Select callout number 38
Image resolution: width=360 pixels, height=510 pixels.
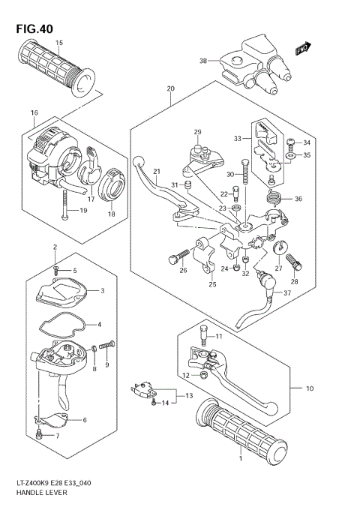click(x=202, y=61)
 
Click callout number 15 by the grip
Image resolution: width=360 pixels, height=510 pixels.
click(x=59, y=43)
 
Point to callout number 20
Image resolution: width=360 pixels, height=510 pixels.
click(x=171, y=88)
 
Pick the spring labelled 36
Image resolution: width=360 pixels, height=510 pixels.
click(x=275, y=198)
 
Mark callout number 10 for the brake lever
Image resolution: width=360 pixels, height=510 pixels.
click(x=308, y=388)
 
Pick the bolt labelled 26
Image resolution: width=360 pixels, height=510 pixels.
click(x=174, y=259)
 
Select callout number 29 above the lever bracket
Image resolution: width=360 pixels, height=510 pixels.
click(x=198, y=133)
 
